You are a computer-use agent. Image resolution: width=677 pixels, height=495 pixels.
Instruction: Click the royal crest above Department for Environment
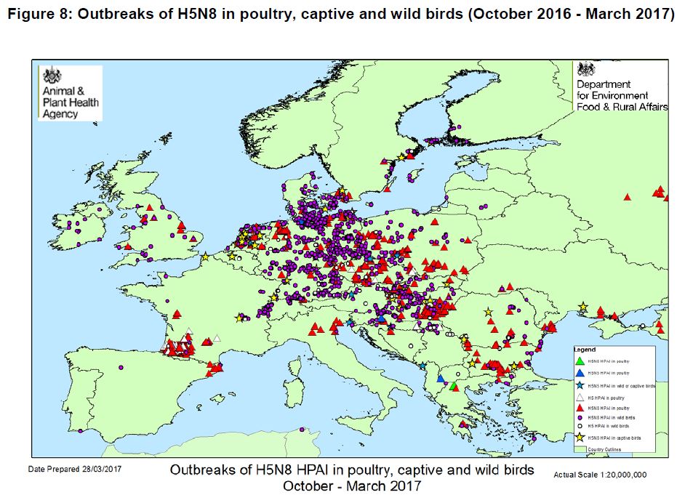pyautogui.click(x=586, y=70)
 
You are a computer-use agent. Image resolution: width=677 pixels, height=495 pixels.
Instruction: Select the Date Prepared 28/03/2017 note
pyautogui.click(x=75, y=470)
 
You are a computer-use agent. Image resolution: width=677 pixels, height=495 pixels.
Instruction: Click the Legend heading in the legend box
pyautogui.click(x=585, y=350)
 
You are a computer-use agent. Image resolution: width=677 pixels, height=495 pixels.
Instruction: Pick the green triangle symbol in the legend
pyautogui.click(x=579, y=360)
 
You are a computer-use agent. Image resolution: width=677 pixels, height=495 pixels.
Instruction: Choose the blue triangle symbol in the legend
pyautogui.click(x=579, y=372)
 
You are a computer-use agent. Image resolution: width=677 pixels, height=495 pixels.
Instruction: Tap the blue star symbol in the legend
pyautogui.click(x=579, y=385)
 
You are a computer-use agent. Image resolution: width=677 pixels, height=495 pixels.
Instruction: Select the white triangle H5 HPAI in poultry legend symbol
pyautogui.click(x=579, y=398)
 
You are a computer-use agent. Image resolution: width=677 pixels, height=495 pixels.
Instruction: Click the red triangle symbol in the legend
pyautogui.click(x=579, y=409)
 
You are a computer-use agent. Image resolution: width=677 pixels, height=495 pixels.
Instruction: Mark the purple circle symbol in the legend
pyautogui.click(x=579, y=418)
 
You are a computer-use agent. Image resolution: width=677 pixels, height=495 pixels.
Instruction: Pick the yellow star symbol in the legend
pyautogui.click(x=579, y=438)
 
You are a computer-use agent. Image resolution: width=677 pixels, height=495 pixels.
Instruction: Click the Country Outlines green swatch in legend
pyautogui.click(x=579, y=450)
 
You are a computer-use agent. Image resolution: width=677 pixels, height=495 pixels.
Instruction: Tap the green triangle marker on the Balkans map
pyautogui.click(x=452, y=386)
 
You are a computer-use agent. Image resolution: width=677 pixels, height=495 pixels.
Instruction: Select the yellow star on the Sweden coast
pyautogui.click(x=399, y=158)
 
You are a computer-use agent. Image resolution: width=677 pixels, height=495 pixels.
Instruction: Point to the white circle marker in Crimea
pyautogui.click(x=642, y=325)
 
